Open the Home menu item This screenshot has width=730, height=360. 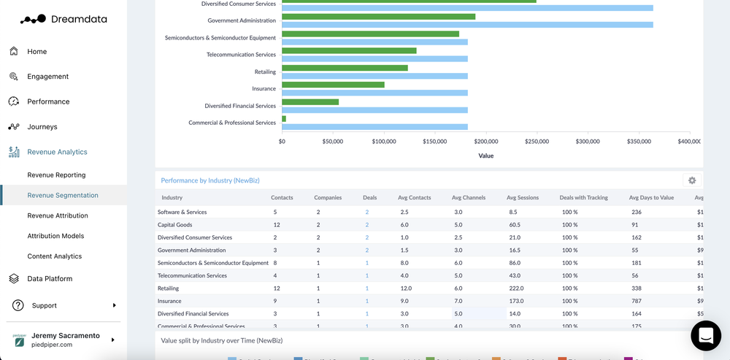(36, 52)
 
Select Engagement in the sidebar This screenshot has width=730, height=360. (47, 77)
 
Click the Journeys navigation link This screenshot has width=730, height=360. (42, 127)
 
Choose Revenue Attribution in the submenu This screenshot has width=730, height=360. (58, 216)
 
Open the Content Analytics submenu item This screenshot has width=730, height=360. (54, 256)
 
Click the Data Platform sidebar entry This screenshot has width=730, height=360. (50, 279)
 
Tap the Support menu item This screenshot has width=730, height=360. (44, 306)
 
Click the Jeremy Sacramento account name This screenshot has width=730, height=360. (65, 336)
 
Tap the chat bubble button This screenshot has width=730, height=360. (705, 335)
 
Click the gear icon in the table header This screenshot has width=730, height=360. (692, 180)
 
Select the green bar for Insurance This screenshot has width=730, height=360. (333, 85)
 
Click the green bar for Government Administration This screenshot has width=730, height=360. (378, 17)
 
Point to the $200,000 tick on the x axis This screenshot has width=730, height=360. (486, 142)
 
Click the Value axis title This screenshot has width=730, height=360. (485, 156)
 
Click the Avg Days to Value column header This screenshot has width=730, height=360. (651, 198)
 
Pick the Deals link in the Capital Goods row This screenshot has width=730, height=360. (366, 225)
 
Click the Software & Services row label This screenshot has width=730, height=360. (182, 212)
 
